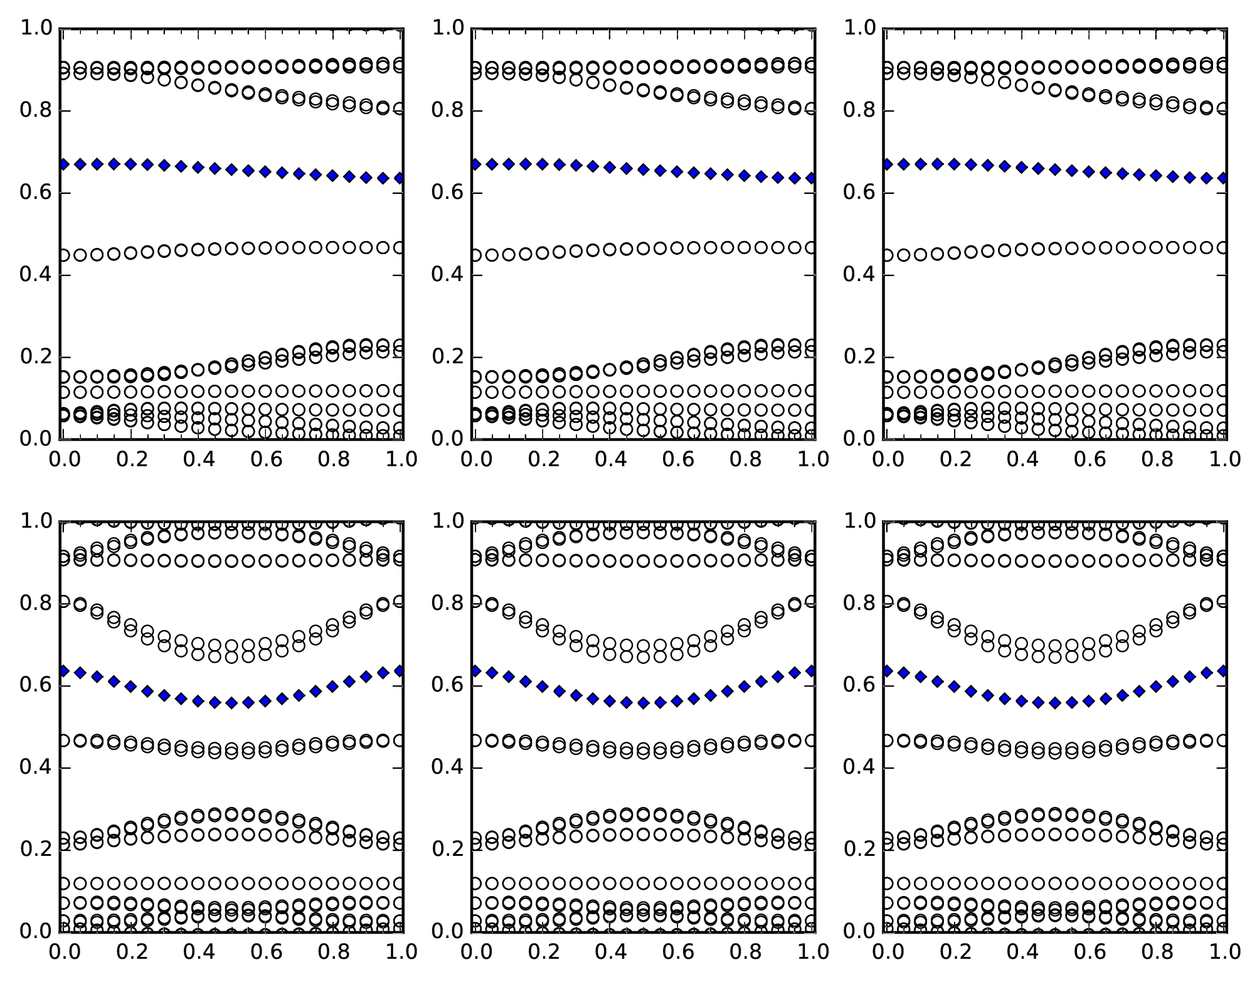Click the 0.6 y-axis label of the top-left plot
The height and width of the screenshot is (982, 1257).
click(x=34, y=193)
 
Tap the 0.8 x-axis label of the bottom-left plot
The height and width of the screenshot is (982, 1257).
click(x=334, y=952)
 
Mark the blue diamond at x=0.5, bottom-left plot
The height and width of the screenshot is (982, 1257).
click(x=231, y=703)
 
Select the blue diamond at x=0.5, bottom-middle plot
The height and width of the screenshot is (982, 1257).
click(x=643, y=703)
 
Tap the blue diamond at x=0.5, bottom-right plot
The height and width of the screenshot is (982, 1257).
click(x=1055, y=703)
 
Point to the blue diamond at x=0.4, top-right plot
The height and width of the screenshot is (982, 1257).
click(x=1021, y=168)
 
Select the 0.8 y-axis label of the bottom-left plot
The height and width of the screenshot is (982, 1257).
click(x=34, y=604)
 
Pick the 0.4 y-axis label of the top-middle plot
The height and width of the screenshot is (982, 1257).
click(x=446, y=275)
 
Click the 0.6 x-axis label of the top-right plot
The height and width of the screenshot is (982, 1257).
click(x=1090, y=459)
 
